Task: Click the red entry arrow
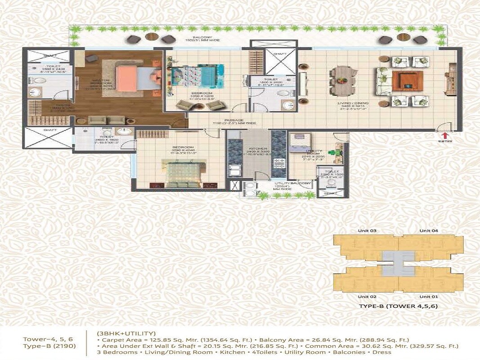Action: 445,135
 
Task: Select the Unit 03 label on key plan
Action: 367,231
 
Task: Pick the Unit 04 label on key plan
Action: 429,231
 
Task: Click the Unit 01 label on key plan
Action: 429,297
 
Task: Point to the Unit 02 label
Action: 367,297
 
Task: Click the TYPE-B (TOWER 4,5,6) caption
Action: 398,306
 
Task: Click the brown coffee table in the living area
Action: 407,81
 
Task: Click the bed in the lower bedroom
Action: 181,171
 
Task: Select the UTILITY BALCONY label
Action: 293,184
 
